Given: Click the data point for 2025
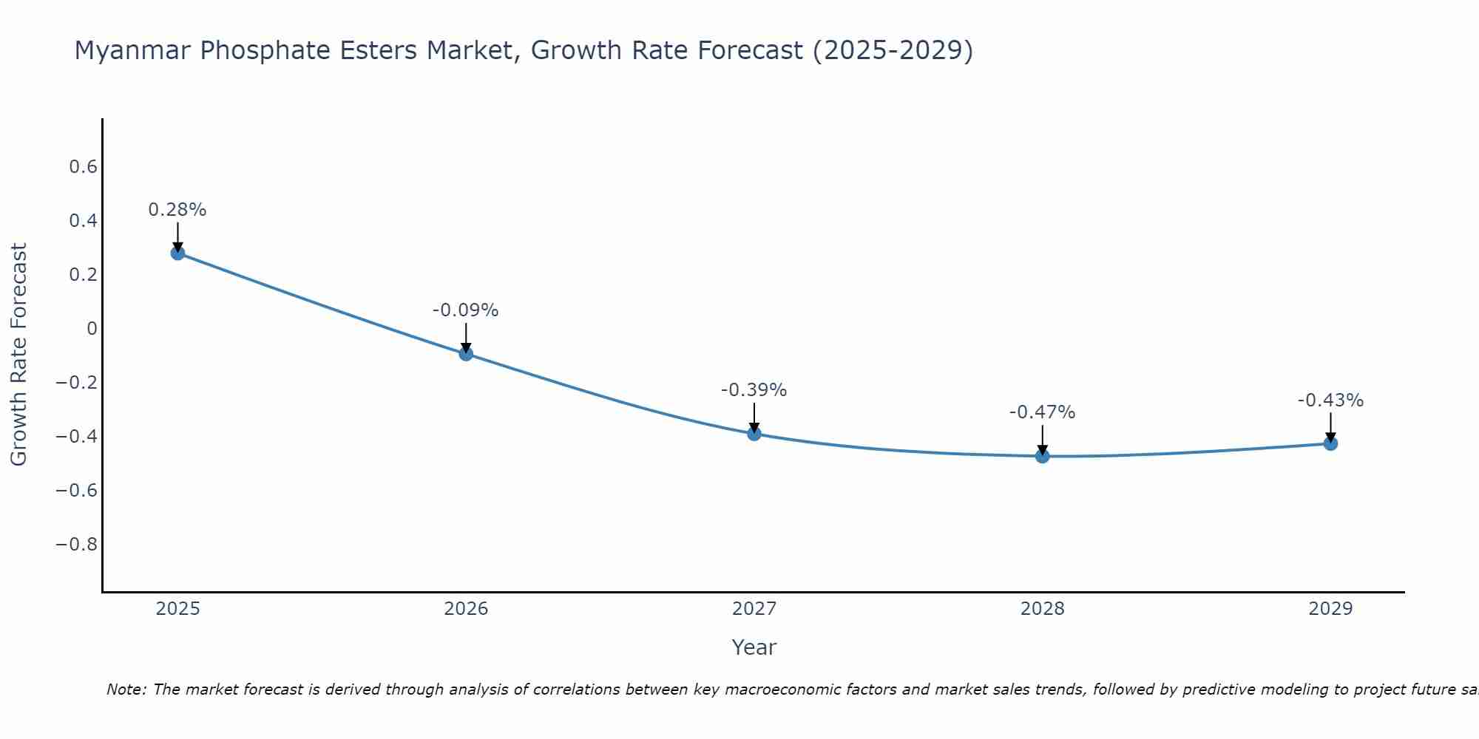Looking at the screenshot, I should click(x=177, y=253).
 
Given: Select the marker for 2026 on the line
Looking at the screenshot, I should click(x=466, y=353).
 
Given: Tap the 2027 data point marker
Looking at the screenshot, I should click(x=754, y=434).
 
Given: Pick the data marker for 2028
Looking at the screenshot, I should click(x=1043, y=456).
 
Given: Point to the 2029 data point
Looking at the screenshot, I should click(x=1330, y=443).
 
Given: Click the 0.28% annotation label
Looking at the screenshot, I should click(x=177, y=210).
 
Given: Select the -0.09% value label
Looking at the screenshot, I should click(x=466, y=310).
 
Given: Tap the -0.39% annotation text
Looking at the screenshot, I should click(x=754, y=390).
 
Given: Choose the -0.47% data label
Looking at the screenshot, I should click(x=1043, y=412).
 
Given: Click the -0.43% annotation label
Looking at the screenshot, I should click(x=1330, y=401).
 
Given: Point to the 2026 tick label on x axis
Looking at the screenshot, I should click(x=466, y=609).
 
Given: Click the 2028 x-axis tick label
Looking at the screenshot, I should click(x=1043, y=609).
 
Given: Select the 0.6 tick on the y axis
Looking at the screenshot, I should click(x=84, y=167).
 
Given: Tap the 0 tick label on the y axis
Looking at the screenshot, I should click(x=92, y=329).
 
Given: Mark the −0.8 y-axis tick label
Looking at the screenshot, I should click(x=77, y=545).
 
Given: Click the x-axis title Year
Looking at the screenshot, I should click(x=754, y=647).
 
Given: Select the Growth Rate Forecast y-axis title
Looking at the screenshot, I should click(x=19, y=355).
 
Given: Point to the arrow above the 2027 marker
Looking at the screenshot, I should click(x=754, y=417).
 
